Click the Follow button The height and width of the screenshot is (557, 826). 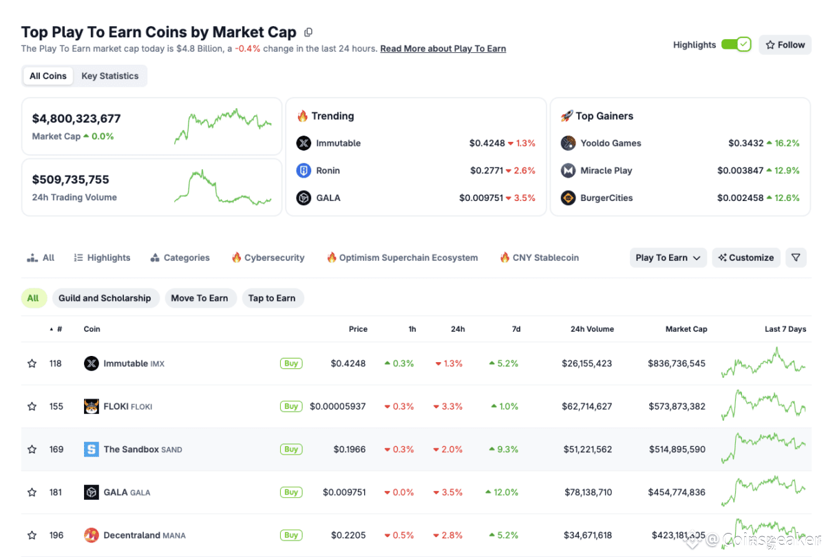(x=785, y=45)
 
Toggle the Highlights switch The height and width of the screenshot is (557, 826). (x=736, y=45)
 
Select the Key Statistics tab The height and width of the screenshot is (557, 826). (x=110, y=76)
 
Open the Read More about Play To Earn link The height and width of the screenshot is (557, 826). (x=443, y=49)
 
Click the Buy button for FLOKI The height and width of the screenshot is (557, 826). (x=291, y=406)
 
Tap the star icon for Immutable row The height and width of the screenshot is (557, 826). (x=32, y=364)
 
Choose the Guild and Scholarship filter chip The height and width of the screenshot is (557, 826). (x=105, y=298)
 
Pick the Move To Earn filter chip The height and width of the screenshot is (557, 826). (x=199, y=298)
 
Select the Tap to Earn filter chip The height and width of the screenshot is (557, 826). (x=272, y=298)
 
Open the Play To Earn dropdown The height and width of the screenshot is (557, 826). (x=668, y=258)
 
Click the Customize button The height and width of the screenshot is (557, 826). (x=746, y=258)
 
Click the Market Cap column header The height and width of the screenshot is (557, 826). (x=686, y=329)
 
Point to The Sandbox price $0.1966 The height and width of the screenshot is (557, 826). (x=350, y=450)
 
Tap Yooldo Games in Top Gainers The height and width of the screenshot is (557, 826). (x=611, y=143)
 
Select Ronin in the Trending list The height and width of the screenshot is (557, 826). (x=328, y=171)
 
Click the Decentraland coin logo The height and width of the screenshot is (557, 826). (x=92, y=535)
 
